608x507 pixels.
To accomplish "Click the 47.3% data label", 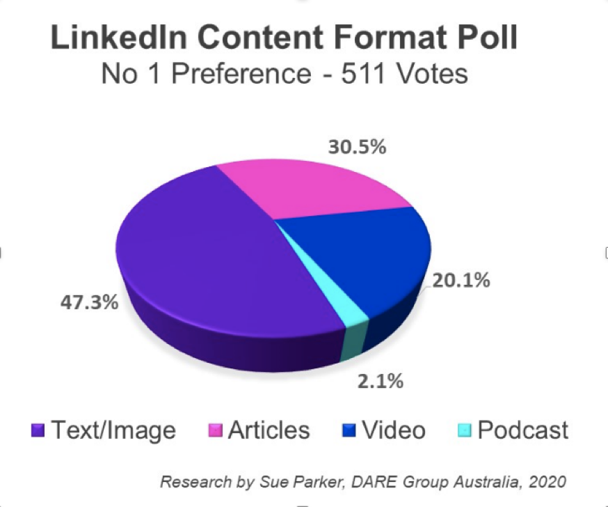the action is tap(89, 302).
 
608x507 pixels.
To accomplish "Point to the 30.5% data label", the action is tap(357, 147).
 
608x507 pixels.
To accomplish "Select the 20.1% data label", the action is tap(461, 280).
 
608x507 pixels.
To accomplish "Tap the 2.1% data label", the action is tap(381, 381).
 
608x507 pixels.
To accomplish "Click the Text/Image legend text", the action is tap(113, 430).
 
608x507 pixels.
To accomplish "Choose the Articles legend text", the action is tap(269, 430).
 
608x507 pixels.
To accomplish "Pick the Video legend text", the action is tap(394, 430).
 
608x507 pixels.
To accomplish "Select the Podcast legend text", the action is tap(522, 430).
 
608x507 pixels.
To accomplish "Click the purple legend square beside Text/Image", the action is tap(38, 430).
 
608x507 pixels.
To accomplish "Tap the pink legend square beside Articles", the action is tap(215, 430).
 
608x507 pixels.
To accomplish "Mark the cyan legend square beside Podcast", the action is tap(465, 430).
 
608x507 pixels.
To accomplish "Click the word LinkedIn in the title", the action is tap(119, 37).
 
